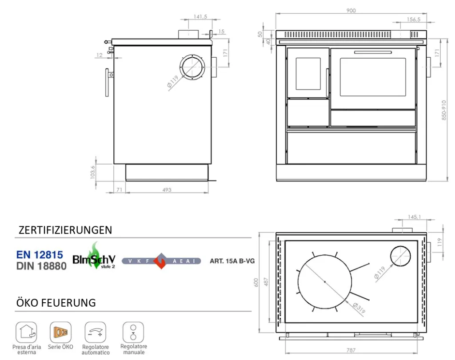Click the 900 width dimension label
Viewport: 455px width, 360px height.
point(351,11)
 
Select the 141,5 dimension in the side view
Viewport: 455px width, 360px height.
point(200,16)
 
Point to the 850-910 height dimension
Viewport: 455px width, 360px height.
point(444,110)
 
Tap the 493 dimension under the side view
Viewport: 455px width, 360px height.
point(167,190)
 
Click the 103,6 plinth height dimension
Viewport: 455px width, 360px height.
point(92,172)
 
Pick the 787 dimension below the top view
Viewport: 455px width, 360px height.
point(351,350)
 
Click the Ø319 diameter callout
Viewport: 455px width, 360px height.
point(359,308)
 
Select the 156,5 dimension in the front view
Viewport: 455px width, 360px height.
point(414,20)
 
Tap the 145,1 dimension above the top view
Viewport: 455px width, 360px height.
point(414,217)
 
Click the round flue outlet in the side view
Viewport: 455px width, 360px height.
point(192,67)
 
